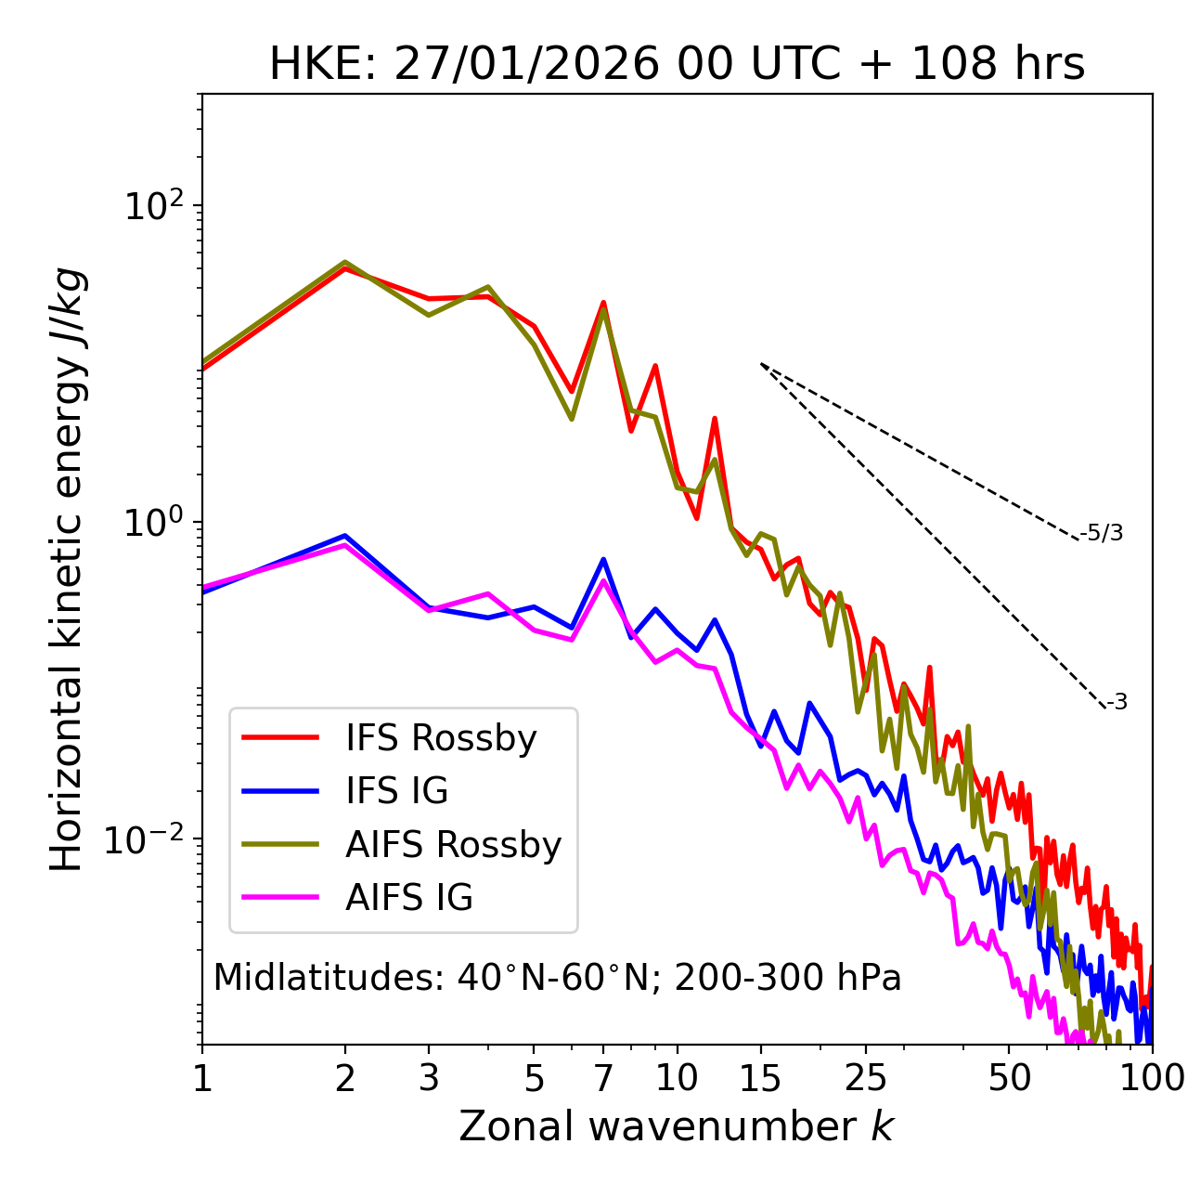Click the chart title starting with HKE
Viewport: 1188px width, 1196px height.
[x=677, y=64]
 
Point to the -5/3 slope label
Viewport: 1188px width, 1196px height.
[x=1102, y=533]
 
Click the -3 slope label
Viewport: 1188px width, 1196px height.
[x=1117, y=702]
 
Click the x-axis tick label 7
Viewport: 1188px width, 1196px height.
[x=603, y=1077]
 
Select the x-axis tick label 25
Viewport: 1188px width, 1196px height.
[x=865, y=1077]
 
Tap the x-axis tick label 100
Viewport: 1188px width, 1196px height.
[x=1152, y=1077]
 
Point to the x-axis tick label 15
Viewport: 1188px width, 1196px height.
[x=760, y=1077]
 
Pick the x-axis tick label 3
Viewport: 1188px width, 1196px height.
[x=429, y=1077]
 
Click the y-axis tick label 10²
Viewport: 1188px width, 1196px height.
[x=154, y=206]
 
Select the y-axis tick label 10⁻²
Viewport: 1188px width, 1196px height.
[x=148, y=839]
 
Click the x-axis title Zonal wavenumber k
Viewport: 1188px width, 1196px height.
[x=676, y=1126]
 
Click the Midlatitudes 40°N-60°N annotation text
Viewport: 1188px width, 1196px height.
[x=557, y=978]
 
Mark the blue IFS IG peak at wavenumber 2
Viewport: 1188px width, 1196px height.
[x=345, y=536]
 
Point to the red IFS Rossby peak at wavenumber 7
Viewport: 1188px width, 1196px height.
[x=603, y=303]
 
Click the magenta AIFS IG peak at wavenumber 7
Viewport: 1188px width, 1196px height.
[x=603, y=581]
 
